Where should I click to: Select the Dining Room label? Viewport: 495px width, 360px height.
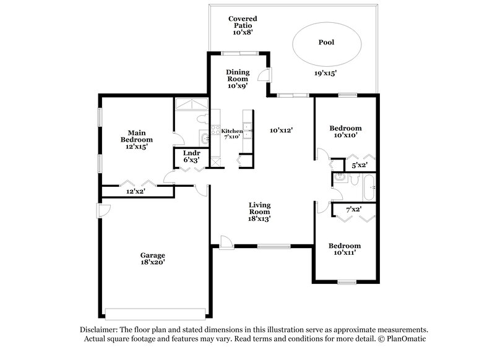pos(238,79)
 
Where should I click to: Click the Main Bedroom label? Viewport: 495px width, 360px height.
pos(136,140)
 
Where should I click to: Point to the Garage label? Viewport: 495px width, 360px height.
pos(152,258)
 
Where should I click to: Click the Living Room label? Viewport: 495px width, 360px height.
pos(260,212)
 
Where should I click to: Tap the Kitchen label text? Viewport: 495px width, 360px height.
pos(232,131)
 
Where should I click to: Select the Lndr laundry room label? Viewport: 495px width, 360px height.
pos(189,156)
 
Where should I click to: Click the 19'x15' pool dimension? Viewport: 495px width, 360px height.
pos(325,73)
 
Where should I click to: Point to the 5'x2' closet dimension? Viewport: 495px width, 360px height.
pos(359,165)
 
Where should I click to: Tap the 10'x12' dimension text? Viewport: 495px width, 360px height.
pos(280,131)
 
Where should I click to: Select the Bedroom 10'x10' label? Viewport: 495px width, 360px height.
pos(347,132)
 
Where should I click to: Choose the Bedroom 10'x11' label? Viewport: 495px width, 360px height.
pos(344,249)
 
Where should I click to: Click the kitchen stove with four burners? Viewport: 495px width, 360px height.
pos(215,131)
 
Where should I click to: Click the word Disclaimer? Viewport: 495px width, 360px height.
pos(102,330)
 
